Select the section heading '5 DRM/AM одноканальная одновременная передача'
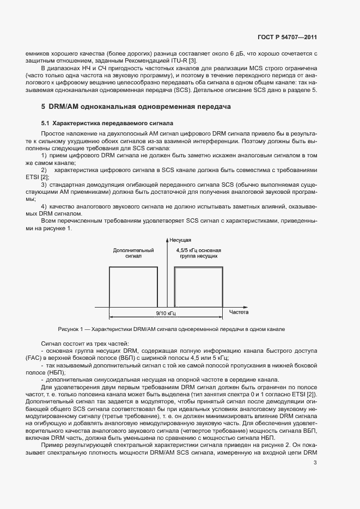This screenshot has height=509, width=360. (x=136, y=106)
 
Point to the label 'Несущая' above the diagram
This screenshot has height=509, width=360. (x=180, y=240)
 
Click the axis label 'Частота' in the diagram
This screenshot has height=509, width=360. (x=239, y=312)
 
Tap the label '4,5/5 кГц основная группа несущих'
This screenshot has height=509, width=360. (x=197, y=253)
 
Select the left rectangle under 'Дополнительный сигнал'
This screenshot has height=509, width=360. (x=133, y=287)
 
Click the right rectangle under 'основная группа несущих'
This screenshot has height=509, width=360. (x=198, y=287)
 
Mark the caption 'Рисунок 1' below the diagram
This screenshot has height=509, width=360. (x=72, y=329)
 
